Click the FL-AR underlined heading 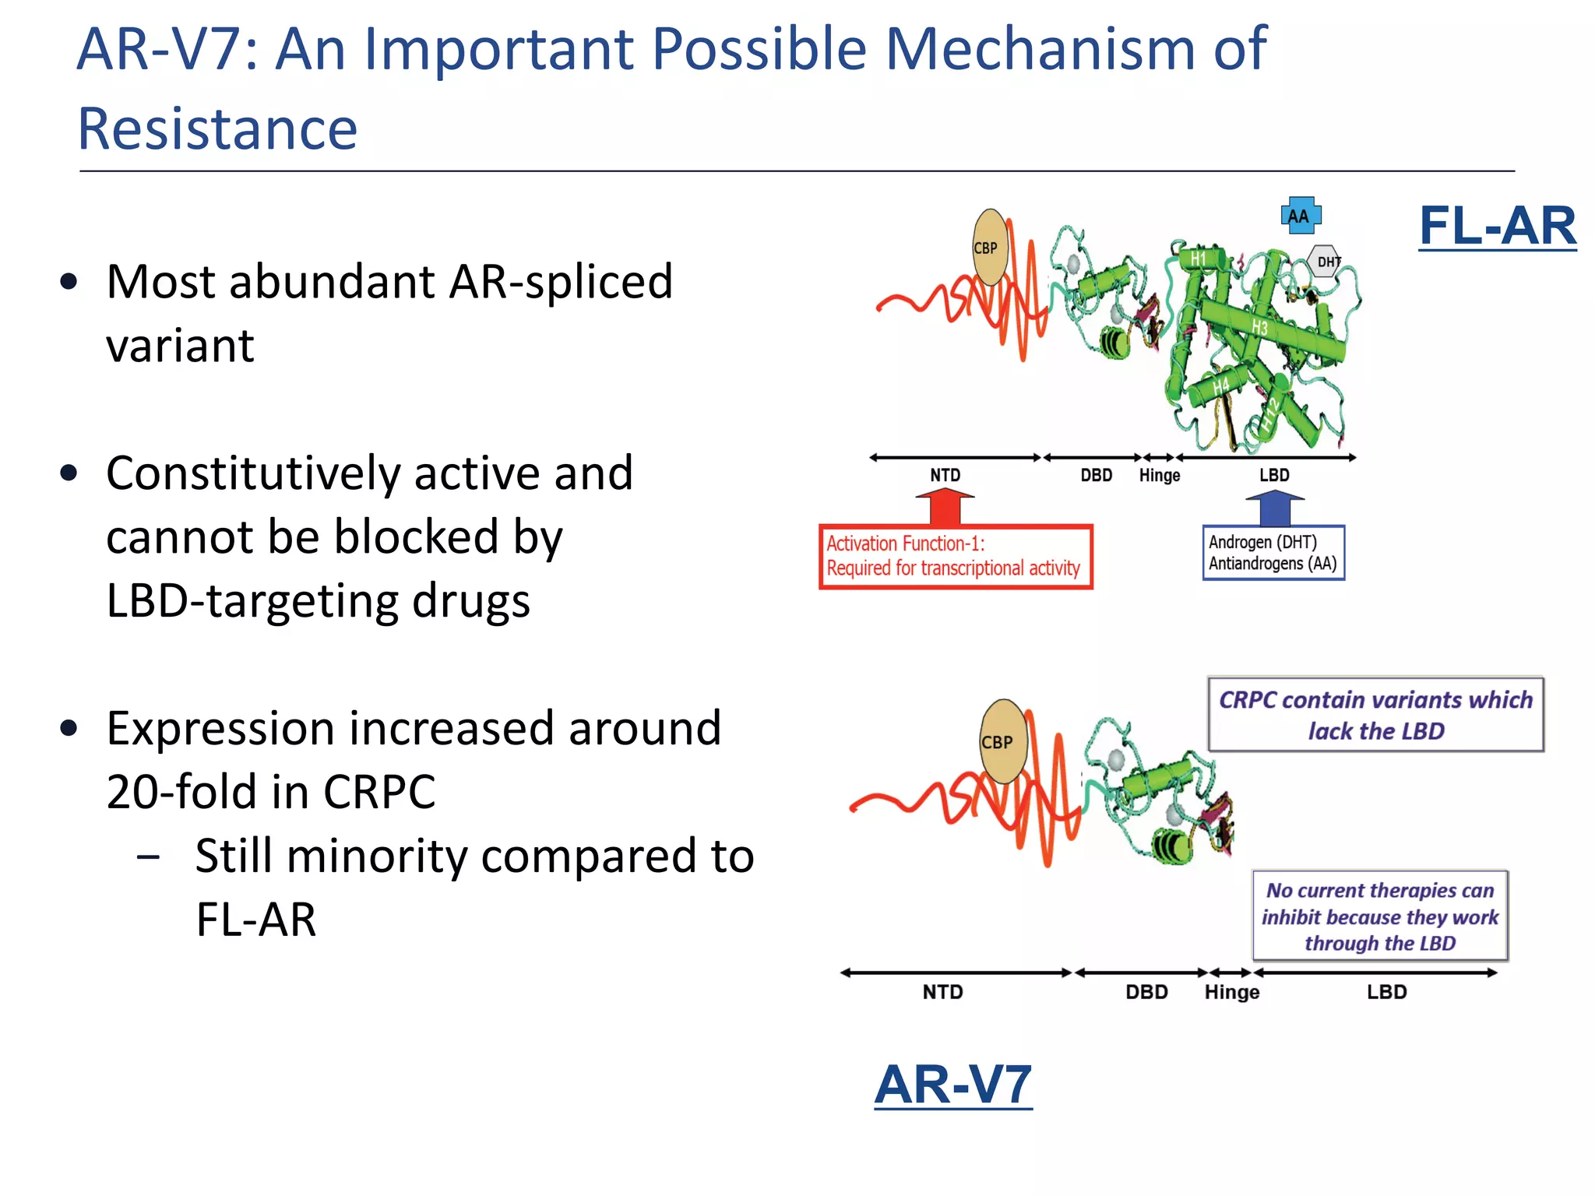tap(1497, 227)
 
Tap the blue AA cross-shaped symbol tap(1300, 216)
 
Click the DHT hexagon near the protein tap(1326, 262)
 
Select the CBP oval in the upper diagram tap(990, 248)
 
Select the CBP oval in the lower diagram tap(1002, 741)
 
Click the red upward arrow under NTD tap(945, 507)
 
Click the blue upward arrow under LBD tap(1274, 508)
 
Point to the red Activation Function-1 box tap(955, 556)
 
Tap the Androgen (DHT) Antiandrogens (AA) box tap(1273, 553)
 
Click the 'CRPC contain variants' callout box tap(1375, 715)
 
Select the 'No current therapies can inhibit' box tap(1379, 916)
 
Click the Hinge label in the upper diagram tap(1159, 475)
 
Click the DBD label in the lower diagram tap(1146, 992)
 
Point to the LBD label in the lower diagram tap(1386, 992)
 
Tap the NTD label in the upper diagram tap(945, 475)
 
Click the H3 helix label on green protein tap(1259, 327)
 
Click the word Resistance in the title tap(217, 129)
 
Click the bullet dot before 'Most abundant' tap(69, 282)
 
